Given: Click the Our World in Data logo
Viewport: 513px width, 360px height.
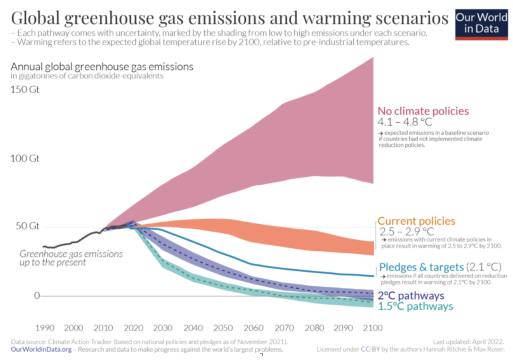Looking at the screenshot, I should point(481,23).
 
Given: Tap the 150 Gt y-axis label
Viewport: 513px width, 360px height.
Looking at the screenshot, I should point(26,90).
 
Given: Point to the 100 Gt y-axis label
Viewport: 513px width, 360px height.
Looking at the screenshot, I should point(26,159).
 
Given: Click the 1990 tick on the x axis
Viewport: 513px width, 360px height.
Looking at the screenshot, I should point(45,328).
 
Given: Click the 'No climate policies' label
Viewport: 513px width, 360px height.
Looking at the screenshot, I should point(423,111).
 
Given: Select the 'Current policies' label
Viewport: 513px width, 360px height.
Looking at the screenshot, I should point(416,221).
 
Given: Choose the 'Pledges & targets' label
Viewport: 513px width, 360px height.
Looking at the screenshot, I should point(421,267).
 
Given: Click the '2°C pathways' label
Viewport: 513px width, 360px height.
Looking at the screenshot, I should point(411,295).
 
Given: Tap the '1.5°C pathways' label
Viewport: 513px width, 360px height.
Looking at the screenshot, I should point(415,306).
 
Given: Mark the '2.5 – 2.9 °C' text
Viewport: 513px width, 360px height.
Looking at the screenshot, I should point(406,232).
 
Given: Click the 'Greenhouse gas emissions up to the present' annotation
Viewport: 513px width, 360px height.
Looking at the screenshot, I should point(71,258).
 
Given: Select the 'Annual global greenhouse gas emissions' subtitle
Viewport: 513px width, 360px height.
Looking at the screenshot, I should point(102,67).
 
